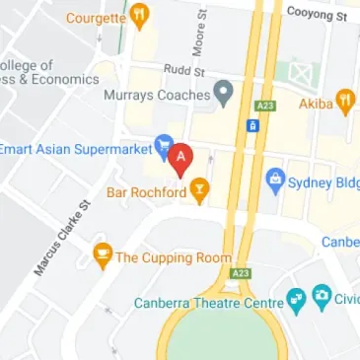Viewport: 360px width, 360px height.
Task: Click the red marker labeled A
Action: pyautogui.click(x=180, y=157)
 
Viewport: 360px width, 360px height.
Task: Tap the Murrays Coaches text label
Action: pyautogui.click(x=157, y=96)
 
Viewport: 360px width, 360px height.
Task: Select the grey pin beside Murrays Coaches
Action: pyautogui.click(x=225, y=95)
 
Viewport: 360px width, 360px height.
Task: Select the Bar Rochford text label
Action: pyautogui.click(x=147, y=191)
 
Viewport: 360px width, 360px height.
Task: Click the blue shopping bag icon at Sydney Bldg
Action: pyautogui.click(x=275, y=180)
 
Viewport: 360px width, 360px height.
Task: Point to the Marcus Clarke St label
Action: pyautogui.click(x=61, y=236)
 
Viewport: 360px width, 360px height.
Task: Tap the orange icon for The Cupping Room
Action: pyautogui.click(x=102, y=256)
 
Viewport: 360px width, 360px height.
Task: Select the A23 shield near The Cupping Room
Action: pyautogui.click(x=238, y=271)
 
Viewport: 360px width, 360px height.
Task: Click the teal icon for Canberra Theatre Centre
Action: pyautogui.click(x=295, y=299)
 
